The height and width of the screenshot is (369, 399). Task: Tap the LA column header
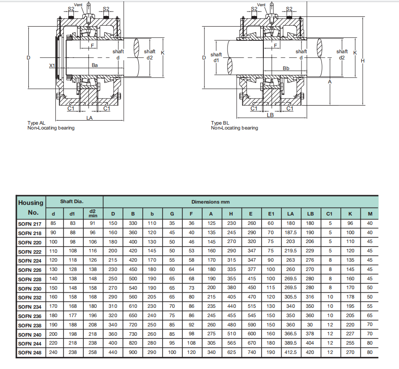(290, 214)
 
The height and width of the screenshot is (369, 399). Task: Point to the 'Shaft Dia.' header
(72, 202)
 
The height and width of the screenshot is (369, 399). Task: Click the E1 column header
(271, 214)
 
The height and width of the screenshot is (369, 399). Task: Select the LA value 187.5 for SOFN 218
(290, 233)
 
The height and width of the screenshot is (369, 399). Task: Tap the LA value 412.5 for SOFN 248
(290, 353)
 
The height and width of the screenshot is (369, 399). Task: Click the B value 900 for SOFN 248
(133, 353)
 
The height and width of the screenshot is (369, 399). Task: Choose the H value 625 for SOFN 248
(231, 353)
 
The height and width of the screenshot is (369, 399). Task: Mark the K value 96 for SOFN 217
(350, 224)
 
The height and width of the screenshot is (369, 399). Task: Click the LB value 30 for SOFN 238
(310, 326)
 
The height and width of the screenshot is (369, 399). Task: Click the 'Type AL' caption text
(36, 123)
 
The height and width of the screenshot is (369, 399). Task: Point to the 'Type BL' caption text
(220, 123)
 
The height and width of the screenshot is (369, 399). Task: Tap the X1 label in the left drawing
(52, 66)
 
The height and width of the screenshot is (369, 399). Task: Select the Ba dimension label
(94, 65)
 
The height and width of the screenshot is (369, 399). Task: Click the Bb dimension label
(286, 68)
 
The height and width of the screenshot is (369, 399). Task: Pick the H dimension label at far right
(363, 61)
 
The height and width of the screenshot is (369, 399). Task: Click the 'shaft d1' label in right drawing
(216, 57)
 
